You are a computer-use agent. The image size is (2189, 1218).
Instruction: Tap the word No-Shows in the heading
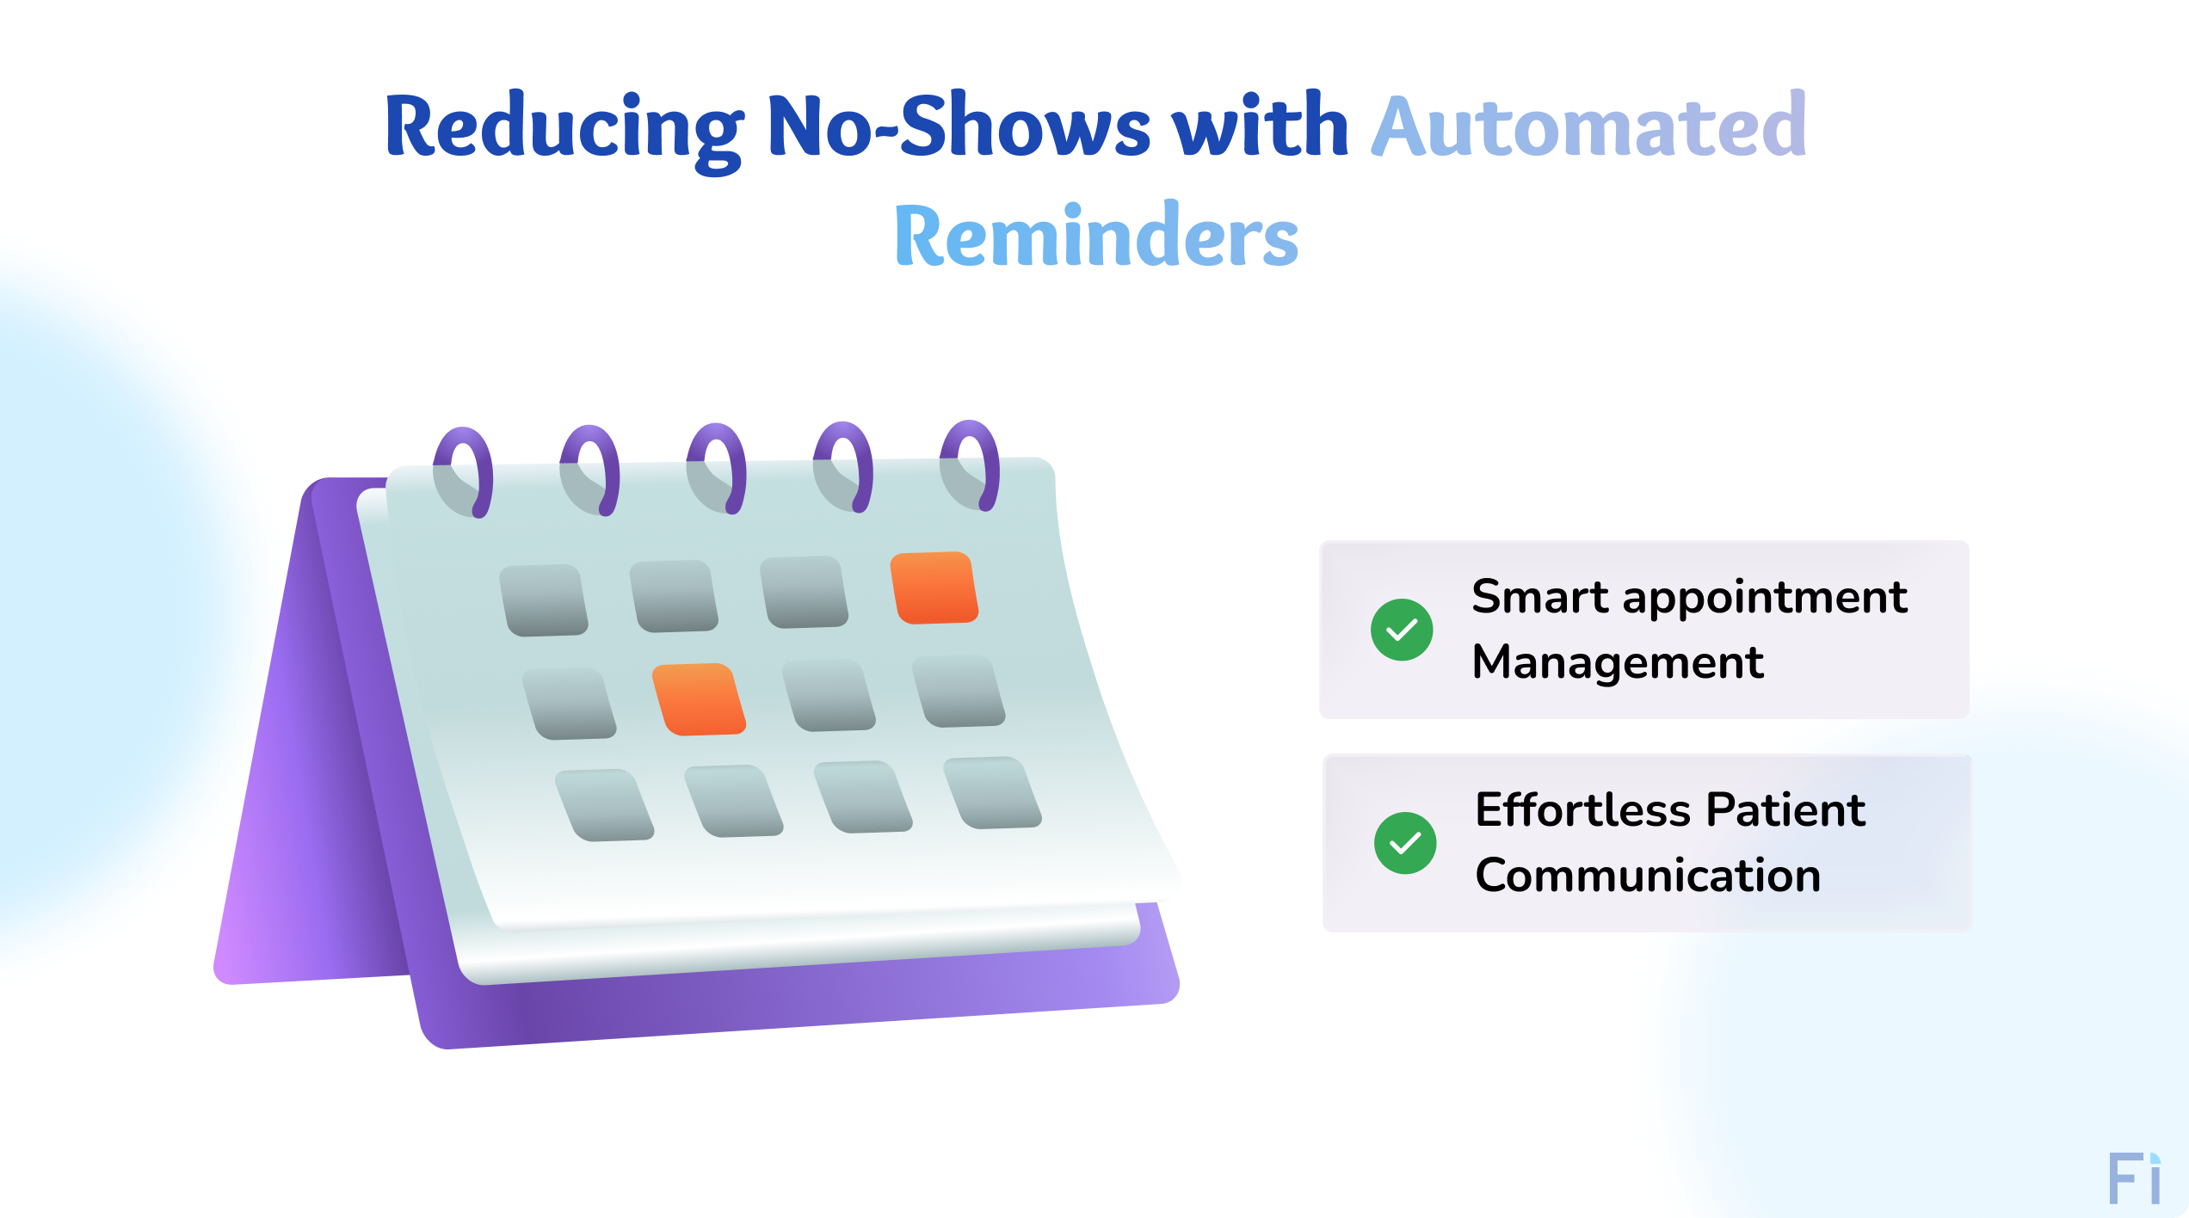[x=958, y=127]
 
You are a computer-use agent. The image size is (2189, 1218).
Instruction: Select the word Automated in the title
[x=1588, y=127]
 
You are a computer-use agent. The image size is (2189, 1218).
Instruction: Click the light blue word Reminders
[x=1096, y=237]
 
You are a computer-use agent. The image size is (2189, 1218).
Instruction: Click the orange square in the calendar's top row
[x=934, y=587]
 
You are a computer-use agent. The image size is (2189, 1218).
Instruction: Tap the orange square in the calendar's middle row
[x=699, y=699]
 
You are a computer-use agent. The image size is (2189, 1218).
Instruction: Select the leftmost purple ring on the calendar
[x=466, y=471]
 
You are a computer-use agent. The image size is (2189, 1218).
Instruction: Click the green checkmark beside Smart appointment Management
[x=1402, y=630]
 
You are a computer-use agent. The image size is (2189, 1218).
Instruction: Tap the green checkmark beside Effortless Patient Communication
[x=1405, y=843]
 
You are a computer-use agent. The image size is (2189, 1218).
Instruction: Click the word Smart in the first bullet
[x=1539, y=597]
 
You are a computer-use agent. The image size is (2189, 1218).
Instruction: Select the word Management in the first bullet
[x=1618, y=662]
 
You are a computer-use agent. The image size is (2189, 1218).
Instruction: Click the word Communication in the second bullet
[x=1648, y=876]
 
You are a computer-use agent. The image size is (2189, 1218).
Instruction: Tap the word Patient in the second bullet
[x=1785, y=810]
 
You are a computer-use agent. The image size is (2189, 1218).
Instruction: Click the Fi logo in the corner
[x=2134, y=1179]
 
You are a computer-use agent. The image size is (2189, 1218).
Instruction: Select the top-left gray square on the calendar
[x=544, y=600]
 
